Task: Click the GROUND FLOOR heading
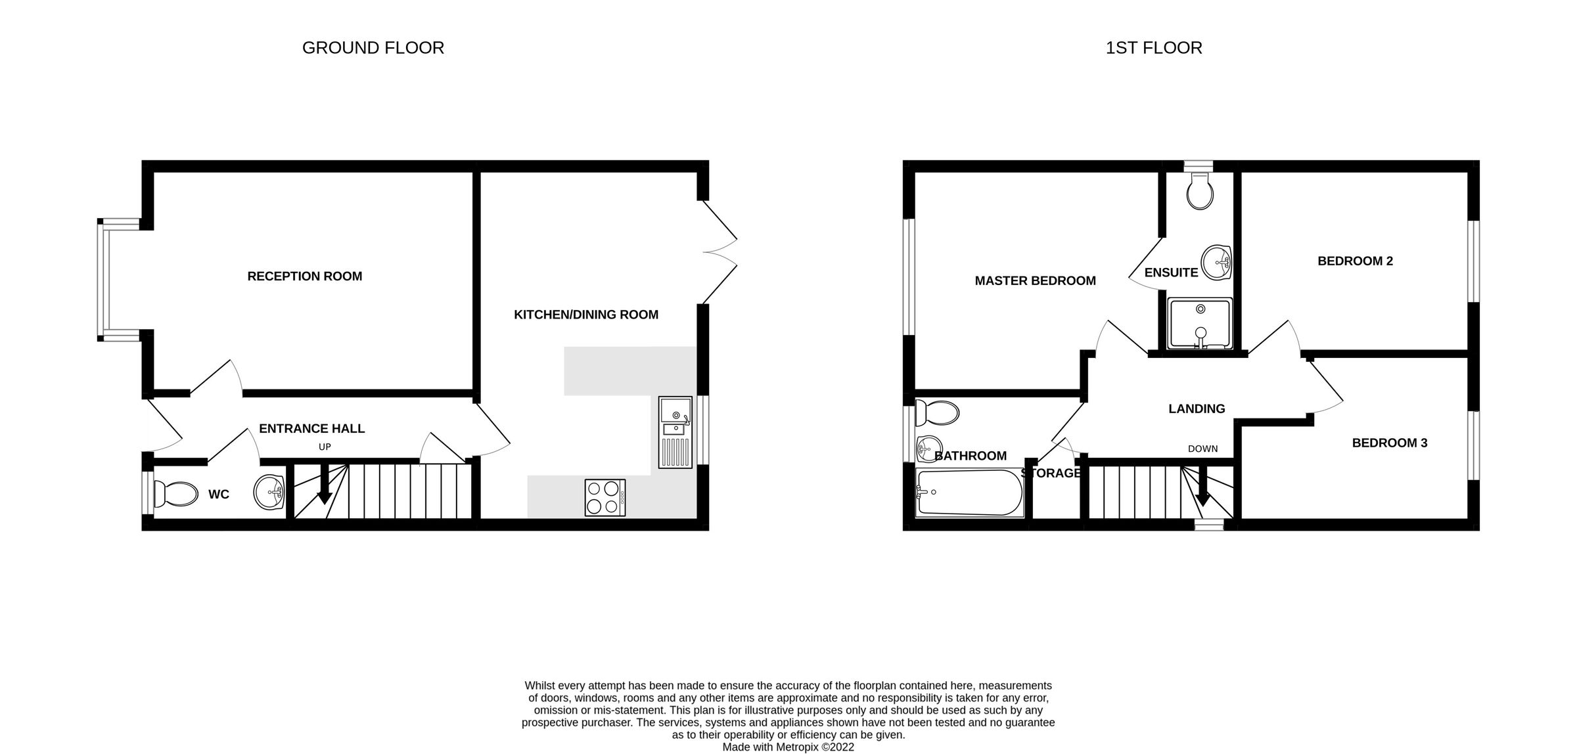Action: point(373,48)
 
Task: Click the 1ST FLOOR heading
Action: point(1153,48)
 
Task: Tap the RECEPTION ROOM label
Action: point(304,277)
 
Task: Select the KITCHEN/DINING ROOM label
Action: point(585,315)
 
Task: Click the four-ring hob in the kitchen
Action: point(605,497)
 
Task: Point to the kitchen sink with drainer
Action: point(675,432)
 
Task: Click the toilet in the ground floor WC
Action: point(175,494)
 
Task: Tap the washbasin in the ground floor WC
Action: point(269,493)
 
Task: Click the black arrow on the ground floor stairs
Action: point(324,487)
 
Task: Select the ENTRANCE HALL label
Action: point(311,429)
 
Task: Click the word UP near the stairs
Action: point(325,447)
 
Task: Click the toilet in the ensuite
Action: point(1200,191)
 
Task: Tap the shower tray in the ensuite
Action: point(1200,323)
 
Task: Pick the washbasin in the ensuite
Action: point(1216,263)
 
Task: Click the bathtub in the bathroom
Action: point(970,493)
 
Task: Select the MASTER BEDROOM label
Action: point(1035,281)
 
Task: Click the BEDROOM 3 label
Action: point(1389,443)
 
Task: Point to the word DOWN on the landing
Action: point(1202,449)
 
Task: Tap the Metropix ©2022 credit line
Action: point(788,747)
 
